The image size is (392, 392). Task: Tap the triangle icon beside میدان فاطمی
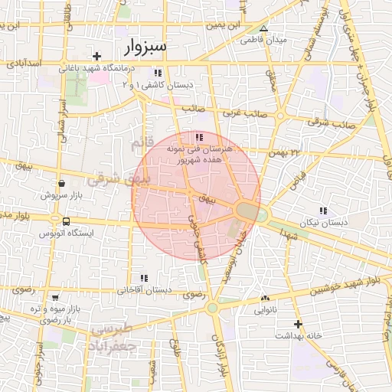pos(263,28)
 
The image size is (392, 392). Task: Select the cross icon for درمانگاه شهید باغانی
pos(96,56)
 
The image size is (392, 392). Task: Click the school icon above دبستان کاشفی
pos(158,73)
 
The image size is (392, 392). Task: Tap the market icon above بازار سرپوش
pos(61,184)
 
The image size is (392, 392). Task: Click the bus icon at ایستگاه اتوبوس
pos(65,222)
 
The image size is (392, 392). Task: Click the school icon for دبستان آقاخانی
pos(142,279)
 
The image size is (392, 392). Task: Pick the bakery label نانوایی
pos(266,310)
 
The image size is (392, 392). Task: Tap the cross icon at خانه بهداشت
pos(297,324)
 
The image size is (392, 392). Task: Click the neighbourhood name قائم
pos(143,143)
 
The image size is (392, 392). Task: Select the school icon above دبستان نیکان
pos(323,210)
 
